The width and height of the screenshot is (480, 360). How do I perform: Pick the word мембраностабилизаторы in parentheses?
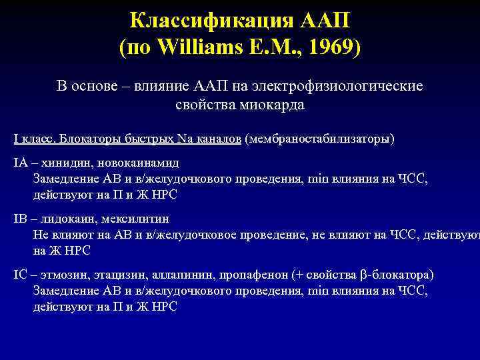(x=319, y=139)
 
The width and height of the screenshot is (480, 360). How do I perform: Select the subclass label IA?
(x=20, y=162)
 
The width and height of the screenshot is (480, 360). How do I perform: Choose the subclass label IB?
(x=20, y=218)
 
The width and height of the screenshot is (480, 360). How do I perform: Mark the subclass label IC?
(x=20, y=275)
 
